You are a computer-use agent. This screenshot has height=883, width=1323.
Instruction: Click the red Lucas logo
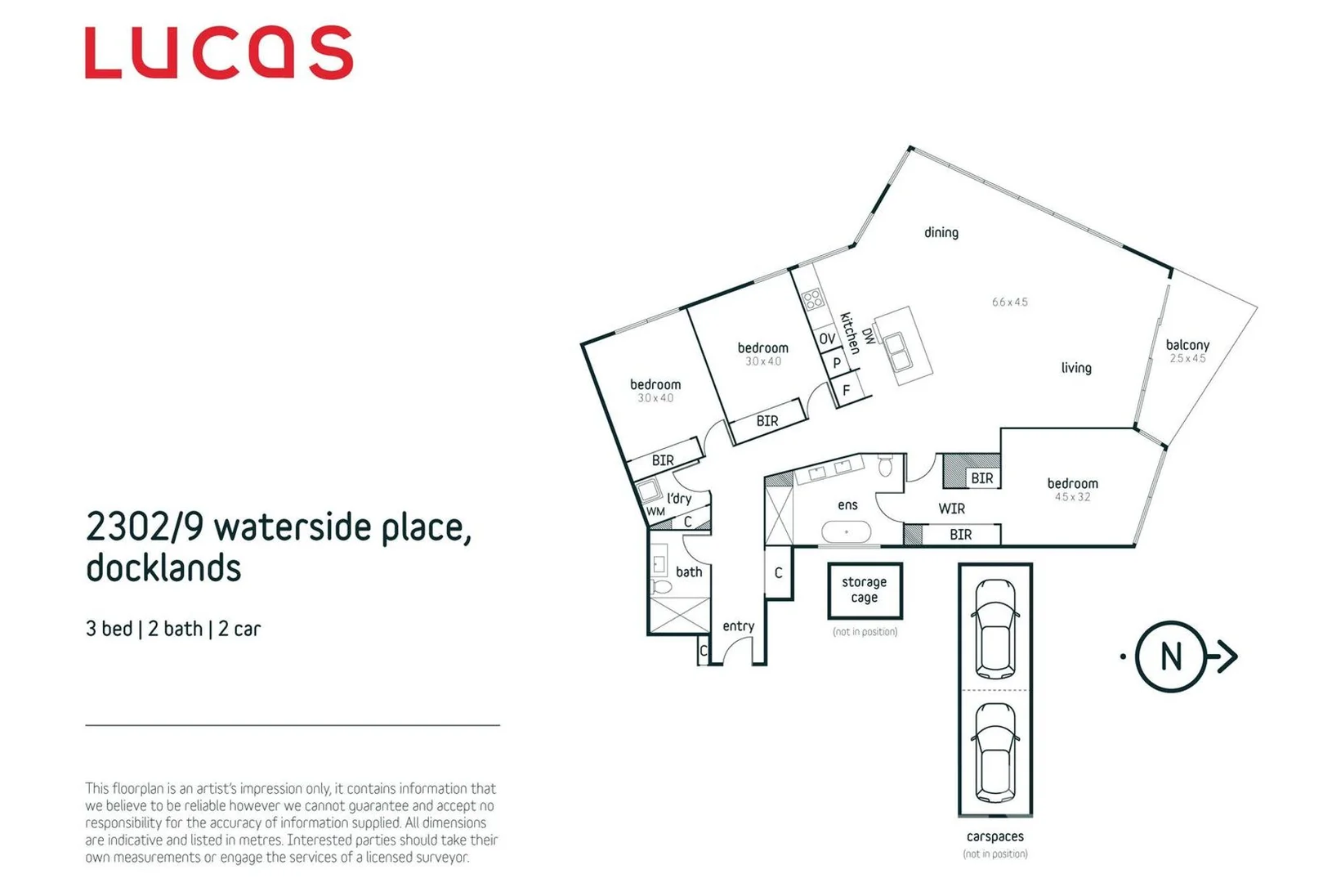point(218,52)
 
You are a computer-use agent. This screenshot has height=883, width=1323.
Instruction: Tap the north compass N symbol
point(1170,656)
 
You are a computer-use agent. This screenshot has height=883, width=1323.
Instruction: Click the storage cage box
point(864,589)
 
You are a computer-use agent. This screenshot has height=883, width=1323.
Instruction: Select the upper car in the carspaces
point(995,627)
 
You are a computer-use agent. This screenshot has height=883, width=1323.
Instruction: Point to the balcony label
point(1187,345)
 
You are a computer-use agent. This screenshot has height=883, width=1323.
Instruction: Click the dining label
point(941,233)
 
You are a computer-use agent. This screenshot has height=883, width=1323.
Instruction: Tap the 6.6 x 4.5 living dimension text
point(1009,302)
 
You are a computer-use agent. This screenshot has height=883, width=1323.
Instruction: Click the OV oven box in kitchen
point(827,338)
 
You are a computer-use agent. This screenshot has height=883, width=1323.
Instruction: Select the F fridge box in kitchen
point(846,391)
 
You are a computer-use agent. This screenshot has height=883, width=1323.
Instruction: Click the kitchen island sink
point(898,351)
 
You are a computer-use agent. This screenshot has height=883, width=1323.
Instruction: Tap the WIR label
point(951,509)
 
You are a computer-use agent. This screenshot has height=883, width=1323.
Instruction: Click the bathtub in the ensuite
point(847,532)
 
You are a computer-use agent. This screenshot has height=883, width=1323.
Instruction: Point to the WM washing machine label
point(655,512)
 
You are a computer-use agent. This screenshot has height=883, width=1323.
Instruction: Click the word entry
point(738,626)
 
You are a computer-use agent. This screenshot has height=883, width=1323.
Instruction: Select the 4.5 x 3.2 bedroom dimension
point(1072,497)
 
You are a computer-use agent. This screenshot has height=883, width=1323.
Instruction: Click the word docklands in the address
point(163,568)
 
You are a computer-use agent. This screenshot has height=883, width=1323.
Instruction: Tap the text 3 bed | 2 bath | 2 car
point(173,629)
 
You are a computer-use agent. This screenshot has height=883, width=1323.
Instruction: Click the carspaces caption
point(994,836)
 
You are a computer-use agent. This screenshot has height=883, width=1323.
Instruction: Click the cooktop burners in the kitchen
point(812,299)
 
